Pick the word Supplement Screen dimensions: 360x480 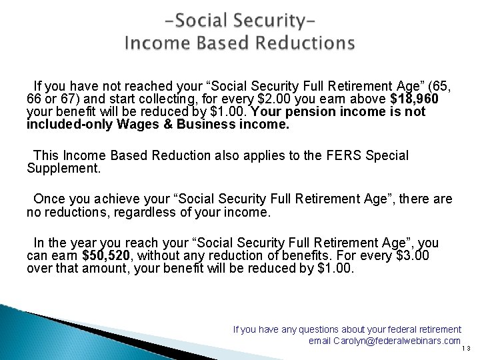tap(63, 169)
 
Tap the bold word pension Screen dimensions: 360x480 tap(325, 112)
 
